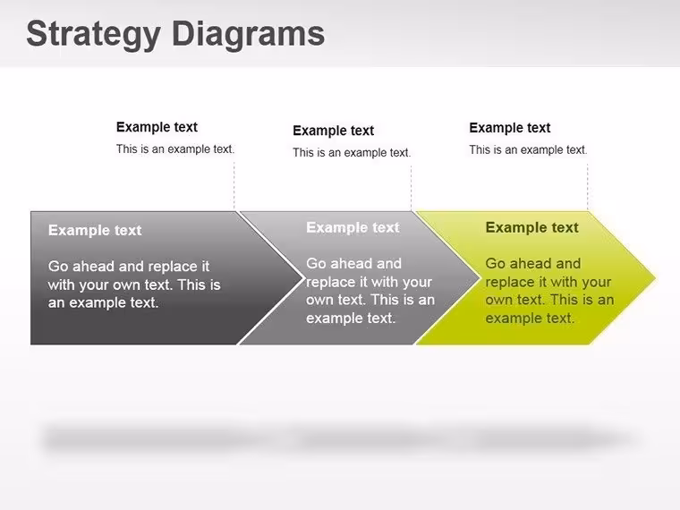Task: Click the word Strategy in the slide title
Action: pyautogui.click(x=93, y=35)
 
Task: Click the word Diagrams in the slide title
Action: pyautogui.click(x=249, y=34)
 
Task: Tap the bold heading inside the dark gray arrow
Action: pyautogui.click(x=95, y=230)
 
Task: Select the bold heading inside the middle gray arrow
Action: pyautogui.click(x=353, y=227)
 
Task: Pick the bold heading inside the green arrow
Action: pyautogui.click(x=532, y=227)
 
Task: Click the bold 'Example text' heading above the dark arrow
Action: pyautogui.click(x=157, y=127)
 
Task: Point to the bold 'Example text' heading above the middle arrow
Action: pyautogui.click(x=334, y=131)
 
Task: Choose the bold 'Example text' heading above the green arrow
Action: pyautogui.click(x=510, y=128)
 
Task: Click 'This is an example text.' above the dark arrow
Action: pyautogui.click(x=175, y=149)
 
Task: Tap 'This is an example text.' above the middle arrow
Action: pyautogui.click(x=352, y=153)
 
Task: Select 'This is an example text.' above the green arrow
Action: pyautogui.click(x=528, y=150)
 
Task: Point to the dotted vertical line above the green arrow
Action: pyautogui.click(x=588, y=187)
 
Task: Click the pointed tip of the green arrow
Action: pyautogui.click(x=655, y=278)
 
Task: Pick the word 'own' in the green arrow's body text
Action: pyautogui.click(x=499, y=300)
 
